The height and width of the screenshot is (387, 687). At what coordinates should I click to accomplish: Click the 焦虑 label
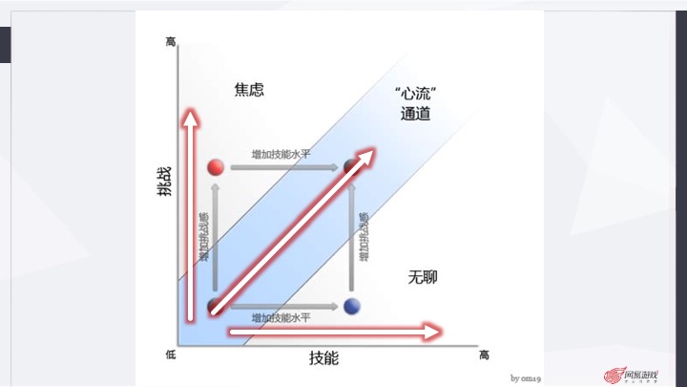(248, 91)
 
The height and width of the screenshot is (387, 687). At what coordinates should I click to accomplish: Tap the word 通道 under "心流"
(416, 115)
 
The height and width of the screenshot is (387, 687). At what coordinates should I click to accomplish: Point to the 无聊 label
(423, 277)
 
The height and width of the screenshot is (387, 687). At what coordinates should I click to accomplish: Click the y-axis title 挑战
(166, 182)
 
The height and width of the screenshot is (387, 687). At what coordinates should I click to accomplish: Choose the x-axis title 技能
(323, 358)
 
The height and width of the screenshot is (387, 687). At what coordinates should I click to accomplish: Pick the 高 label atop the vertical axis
(171, 42)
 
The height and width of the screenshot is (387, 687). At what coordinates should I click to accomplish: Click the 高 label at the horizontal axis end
(484, 355)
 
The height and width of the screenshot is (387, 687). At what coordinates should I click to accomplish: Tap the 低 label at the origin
(171, 355)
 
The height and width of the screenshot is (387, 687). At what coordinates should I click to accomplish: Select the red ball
(215, 167)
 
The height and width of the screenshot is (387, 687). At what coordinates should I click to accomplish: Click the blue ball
(352, 307)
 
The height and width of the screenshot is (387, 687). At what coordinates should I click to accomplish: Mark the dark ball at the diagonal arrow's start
(215, 307)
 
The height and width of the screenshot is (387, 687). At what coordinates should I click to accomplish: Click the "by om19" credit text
(526, 377)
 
